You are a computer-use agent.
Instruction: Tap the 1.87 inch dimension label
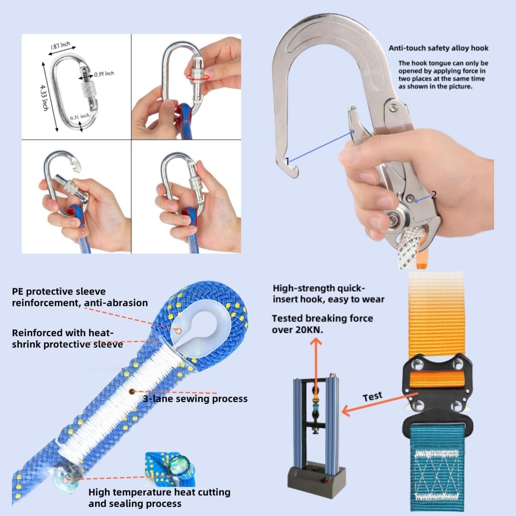(60, 46)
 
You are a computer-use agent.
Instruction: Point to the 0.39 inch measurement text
(104, 74)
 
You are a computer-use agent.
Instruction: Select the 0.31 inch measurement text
(80, 117)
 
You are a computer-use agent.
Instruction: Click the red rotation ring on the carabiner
(198, 77)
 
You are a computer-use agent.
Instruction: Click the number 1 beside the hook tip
(287, 161)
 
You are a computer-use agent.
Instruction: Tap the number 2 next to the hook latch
(433, 195)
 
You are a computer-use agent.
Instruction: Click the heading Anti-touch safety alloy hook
(438, 48)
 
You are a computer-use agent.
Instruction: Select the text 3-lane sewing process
(195, 399)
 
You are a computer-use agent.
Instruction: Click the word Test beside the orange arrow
(372, 396)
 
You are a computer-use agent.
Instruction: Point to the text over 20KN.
(297, 329)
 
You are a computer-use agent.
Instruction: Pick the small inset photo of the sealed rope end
(170, 469)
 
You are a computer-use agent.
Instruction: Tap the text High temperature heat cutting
(159, 492)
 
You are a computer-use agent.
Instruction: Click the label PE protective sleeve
(58, 292)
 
